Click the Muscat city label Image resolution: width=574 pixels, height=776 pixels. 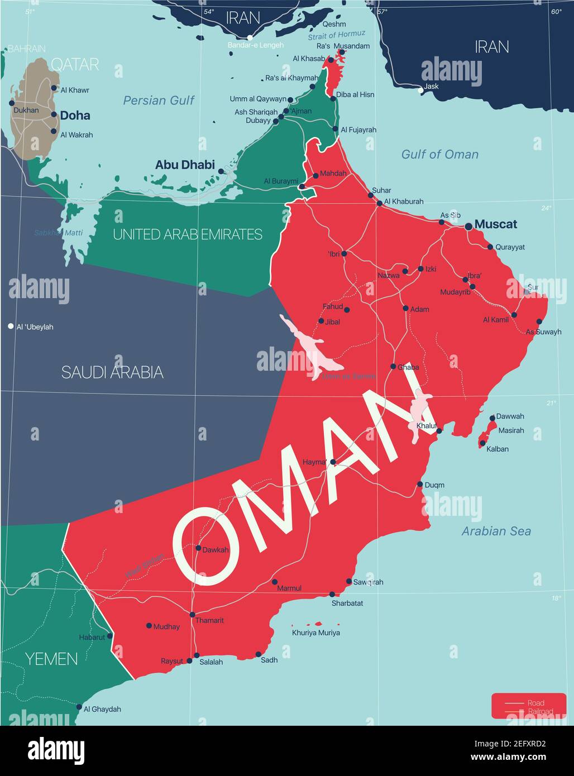coord(495,224)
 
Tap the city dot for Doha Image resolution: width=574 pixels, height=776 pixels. coord(54,115)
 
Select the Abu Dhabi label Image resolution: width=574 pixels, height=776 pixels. coord(185,165)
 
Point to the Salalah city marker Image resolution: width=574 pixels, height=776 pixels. coord(197,655)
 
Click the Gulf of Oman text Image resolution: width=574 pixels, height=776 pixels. coord(440,155)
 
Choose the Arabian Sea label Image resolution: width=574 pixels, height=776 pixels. coord(496,531)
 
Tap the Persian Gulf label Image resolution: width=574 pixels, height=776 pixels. coord(159,100)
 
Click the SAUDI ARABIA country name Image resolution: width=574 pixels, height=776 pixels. coord(112,372)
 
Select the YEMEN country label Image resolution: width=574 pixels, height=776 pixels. coord(51,659)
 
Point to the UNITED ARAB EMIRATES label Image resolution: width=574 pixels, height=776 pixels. coord(188,234)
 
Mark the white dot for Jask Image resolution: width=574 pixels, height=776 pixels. coord(420,89)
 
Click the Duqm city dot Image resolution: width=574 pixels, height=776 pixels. coord(420,484)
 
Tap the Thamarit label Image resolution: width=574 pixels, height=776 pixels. coord(210,620)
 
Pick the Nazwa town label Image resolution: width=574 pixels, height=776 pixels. coord(389,275)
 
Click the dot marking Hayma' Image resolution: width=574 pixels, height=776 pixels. coord(333,462)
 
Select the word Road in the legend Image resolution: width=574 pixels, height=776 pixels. coord(535,703)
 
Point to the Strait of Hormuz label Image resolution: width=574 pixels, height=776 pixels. coord(337,35)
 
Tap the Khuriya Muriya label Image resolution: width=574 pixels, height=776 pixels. coord(316,633)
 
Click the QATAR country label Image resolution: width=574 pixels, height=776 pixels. coord(75,65)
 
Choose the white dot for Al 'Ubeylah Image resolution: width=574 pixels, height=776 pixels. coord(11,326)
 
